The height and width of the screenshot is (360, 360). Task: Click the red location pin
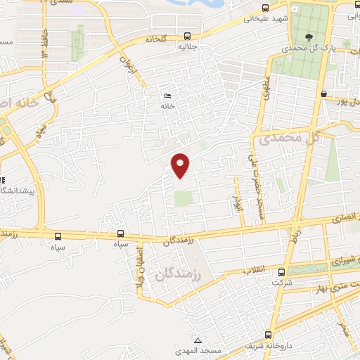point(181,165)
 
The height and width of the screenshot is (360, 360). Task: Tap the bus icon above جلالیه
point(186,36)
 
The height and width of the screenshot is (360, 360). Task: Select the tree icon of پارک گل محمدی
point(310,37)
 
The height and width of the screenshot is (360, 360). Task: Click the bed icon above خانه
point(167,96)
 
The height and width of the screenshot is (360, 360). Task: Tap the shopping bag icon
point(323,94)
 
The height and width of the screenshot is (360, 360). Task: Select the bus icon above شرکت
point(281,271)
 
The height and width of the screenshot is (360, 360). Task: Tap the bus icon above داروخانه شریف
point(267,335)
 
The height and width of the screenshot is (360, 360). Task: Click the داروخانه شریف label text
point(267,346)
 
